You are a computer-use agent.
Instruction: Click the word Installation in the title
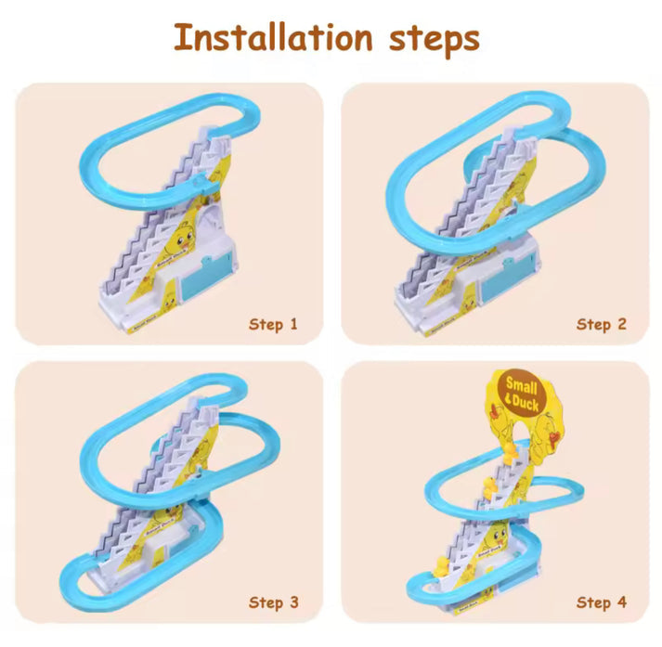click(x=273, y=38)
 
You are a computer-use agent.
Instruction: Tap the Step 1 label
click(x=273, y=324)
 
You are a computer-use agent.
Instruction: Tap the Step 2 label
click(x=601, y=324)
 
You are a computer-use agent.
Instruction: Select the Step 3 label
click(x=273, y=602)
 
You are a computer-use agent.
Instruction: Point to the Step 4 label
click(x=601, y=602)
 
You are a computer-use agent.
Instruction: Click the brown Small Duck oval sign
click(x=523, y=391)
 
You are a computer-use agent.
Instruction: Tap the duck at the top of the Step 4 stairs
click(x=509, y=449)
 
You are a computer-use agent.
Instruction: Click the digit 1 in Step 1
click(x=293, y=324)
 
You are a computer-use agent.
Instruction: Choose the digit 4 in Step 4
click(x=621, y=602)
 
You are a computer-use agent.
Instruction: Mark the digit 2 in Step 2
click(x=621, y=324)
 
